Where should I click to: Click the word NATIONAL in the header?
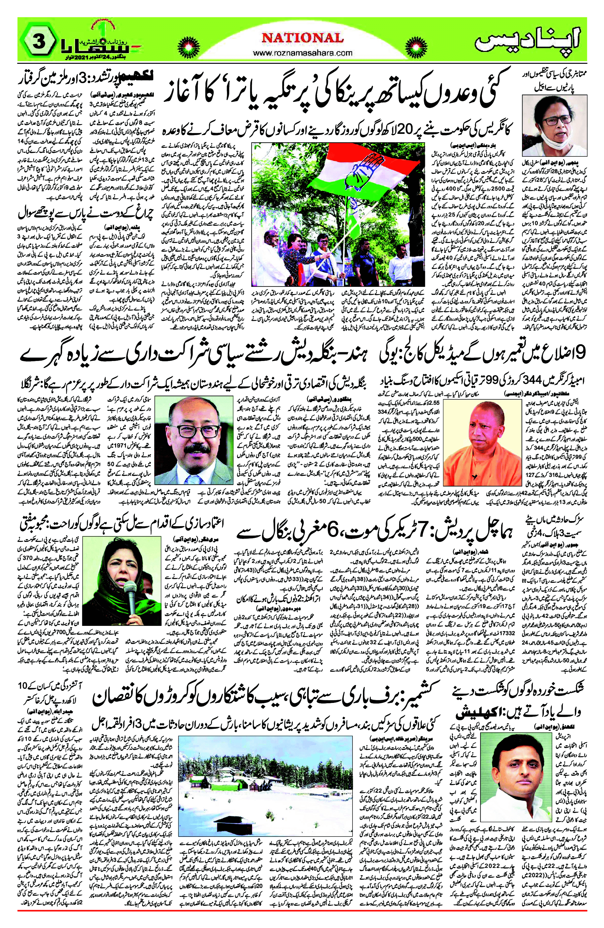302,38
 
